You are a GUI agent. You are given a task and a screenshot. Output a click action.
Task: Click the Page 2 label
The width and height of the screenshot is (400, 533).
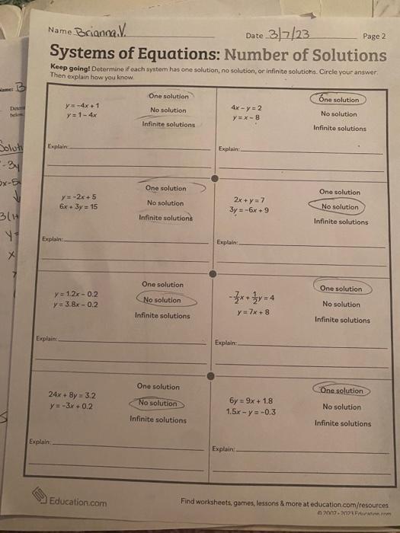coord(374,36)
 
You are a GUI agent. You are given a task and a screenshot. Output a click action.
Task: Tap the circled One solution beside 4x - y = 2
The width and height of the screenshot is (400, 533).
coord(339,100)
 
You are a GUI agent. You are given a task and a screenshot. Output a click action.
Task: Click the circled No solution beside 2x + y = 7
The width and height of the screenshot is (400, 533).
coord(340,206)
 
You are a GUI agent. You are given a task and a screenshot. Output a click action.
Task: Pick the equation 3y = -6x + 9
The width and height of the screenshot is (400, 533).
coord(251,210)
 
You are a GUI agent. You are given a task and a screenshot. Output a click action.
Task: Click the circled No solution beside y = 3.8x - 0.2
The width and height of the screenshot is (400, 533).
coord(162,300)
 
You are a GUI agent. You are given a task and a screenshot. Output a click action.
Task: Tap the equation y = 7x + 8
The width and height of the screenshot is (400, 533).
coord(253,311)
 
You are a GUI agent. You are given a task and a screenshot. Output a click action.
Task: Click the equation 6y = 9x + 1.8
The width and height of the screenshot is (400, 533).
coord(251,401)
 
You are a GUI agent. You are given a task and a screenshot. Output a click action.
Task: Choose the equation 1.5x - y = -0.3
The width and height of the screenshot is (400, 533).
coord(251,412)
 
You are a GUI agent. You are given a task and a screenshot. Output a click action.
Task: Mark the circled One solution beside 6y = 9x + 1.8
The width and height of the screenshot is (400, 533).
coord(340,391)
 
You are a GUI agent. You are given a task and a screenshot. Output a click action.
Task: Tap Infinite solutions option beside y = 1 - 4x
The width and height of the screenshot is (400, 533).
coord(168,124)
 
